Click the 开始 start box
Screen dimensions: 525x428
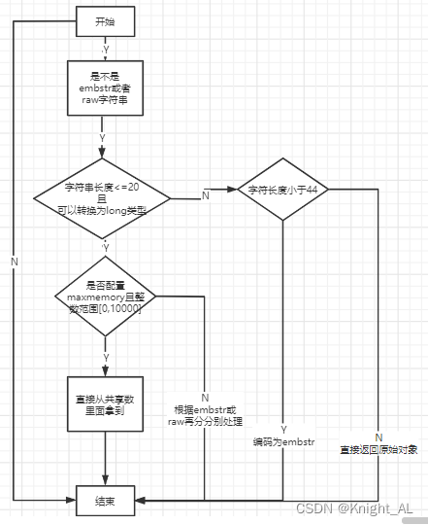pos(103,20)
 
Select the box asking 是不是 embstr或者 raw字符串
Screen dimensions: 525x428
pos(103,88)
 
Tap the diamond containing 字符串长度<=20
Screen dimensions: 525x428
pos(103,198)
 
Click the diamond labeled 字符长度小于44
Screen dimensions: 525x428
pos(282,190)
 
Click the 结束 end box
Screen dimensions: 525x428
pos(103,501)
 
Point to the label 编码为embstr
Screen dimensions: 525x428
pos(282,442)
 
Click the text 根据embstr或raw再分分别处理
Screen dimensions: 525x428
pos(207,416)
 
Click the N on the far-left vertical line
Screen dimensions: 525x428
pos(14,261)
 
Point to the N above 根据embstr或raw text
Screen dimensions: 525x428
pos(205,398)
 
